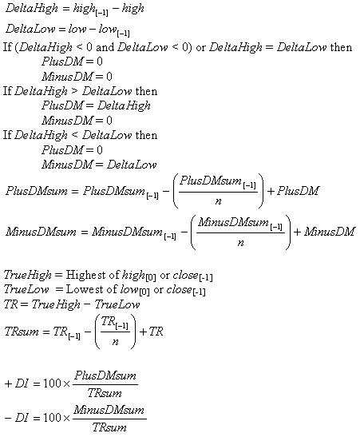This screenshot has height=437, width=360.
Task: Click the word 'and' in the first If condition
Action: pyautogui.click(x=105, y=47)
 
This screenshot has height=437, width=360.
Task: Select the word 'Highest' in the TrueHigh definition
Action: pyautogui.click(x=85, y=275)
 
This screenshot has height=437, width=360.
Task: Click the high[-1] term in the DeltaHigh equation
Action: pyautogui.click(x=90, y=10)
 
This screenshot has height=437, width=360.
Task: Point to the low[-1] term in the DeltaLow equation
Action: pyautogui.click(x=114, y=30)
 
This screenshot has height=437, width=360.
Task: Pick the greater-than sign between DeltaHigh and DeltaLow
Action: pyautogui.click(x=74, y=91)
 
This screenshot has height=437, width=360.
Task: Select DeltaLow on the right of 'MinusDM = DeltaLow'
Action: pyautogui.click(x=132, y=165)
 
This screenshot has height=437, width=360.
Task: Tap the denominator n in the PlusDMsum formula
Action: pyautogui.click(x=218, y=201)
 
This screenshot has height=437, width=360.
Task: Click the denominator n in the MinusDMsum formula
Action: pyautogui.click(x=240, y=243)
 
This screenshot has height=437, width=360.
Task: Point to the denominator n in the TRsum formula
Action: pyautogui.click(x=115, y=342)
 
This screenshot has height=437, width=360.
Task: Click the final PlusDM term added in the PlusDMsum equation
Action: pyautogui.click(x=298, y=191)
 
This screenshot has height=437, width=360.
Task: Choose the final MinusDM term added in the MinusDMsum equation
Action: pyautogui.click(x=329, y=232)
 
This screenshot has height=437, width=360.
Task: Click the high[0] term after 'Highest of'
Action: pyautogui.click(x=139, y=276)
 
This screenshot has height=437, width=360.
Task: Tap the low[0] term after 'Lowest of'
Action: pyautogui.click(x=134, y=291)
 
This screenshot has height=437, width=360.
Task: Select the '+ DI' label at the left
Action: pyautogui.click(x=17, y=383)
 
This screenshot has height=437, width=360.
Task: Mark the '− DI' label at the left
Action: pyautogui.click(x=17, y=418)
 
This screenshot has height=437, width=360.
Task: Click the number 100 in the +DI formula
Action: pyautogui.click(x=52, y=383)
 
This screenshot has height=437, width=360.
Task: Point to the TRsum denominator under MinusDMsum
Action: pyautogui.click(x=109, y=427)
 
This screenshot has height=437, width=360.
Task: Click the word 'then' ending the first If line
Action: pyautogui.click(x=341, y=47)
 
